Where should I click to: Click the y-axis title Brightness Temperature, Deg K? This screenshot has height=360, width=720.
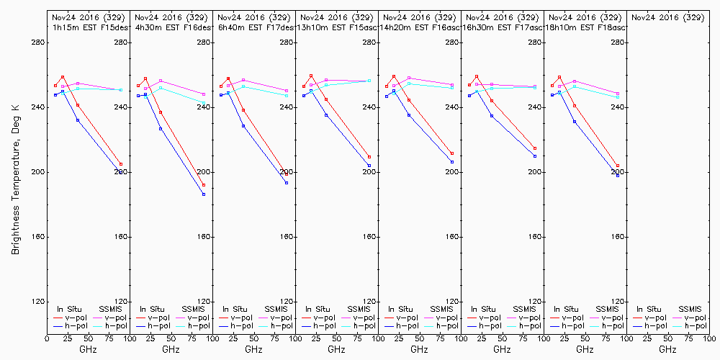pyautogui.click(x=15, y=176)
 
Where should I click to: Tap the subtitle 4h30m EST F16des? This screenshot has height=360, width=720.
pyautogui.click(x=172, y=27)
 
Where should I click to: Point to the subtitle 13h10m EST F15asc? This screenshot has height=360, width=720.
pyautogui.click(x=338, y=27)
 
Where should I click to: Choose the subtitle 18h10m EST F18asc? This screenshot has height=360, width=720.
pyautogui.click(x=586, y=27)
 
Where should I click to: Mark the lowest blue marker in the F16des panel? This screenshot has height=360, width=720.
pyautogui.click(x=204, y=194)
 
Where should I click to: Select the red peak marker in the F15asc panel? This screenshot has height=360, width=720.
pyautogui.click(x=311, y=76)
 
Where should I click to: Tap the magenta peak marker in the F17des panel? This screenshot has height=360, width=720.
pyautogui.click(x=243, y=80)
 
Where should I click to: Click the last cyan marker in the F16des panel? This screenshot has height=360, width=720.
pyautogui.click(x=204, y=102)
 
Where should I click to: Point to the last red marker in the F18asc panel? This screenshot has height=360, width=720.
pyautogui.click(x=618, y=166)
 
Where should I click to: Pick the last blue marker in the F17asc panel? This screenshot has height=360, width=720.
pyautogui.click(x=535, y=156)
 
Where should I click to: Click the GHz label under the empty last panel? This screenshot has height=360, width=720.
pyautogui.click(x=667, y=349)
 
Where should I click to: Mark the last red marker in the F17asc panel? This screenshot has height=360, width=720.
pyautogui.click(x=535, y=148)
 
